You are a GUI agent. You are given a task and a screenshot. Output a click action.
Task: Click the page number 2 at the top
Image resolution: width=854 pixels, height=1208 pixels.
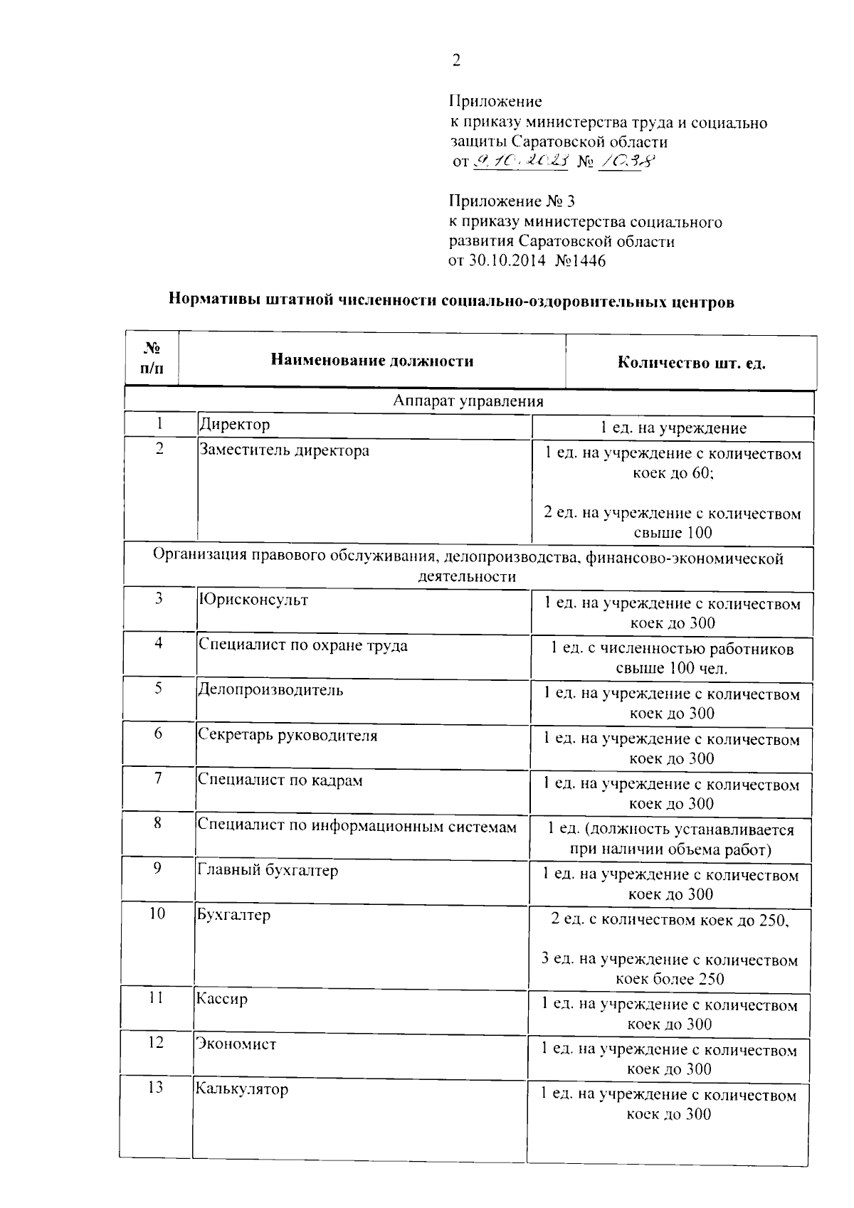(x=456, y=61)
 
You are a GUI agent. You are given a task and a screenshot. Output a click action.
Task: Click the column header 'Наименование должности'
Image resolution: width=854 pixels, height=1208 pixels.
(x=371, y=361)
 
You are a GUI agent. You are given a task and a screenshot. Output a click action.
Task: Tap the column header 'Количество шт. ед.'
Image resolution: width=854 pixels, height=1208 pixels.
(x=691, y=364)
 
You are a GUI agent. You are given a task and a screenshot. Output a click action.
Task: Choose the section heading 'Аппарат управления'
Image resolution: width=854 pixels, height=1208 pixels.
(x=468, y=401)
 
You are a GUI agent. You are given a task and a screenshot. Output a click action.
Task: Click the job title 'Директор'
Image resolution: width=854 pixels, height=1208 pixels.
(x=235, y=425)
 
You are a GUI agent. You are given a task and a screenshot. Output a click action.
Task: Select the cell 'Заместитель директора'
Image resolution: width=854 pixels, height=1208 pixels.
(x=284, y=450)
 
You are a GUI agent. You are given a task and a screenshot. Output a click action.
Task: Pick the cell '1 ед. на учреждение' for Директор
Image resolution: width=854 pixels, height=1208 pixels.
(x=673, y=428)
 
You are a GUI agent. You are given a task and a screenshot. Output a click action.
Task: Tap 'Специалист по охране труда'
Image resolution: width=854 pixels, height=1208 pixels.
(x=302, y=645)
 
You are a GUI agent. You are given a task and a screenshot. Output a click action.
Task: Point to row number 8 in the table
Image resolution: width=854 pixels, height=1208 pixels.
(x=157, y=823)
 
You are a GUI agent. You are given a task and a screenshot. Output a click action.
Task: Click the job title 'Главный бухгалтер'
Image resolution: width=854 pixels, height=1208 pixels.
(x=268, y=870)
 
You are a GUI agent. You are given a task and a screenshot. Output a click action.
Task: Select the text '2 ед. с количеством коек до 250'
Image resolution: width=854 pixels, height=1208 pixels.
(x=670, y=920)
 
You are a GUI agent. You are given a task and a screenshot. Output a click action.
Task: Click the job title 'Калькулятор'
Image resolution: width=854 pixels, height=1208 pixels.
(x=242, y=1089)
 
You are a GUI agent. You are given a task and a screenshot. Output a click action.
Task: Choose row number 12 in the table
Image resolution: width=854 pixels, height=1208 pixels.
(x=156, y=1042)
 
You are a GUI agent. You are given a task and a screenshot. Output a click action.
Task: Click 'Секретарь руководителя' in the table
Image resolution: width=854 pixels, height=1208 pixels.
(x=288, y=736)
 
